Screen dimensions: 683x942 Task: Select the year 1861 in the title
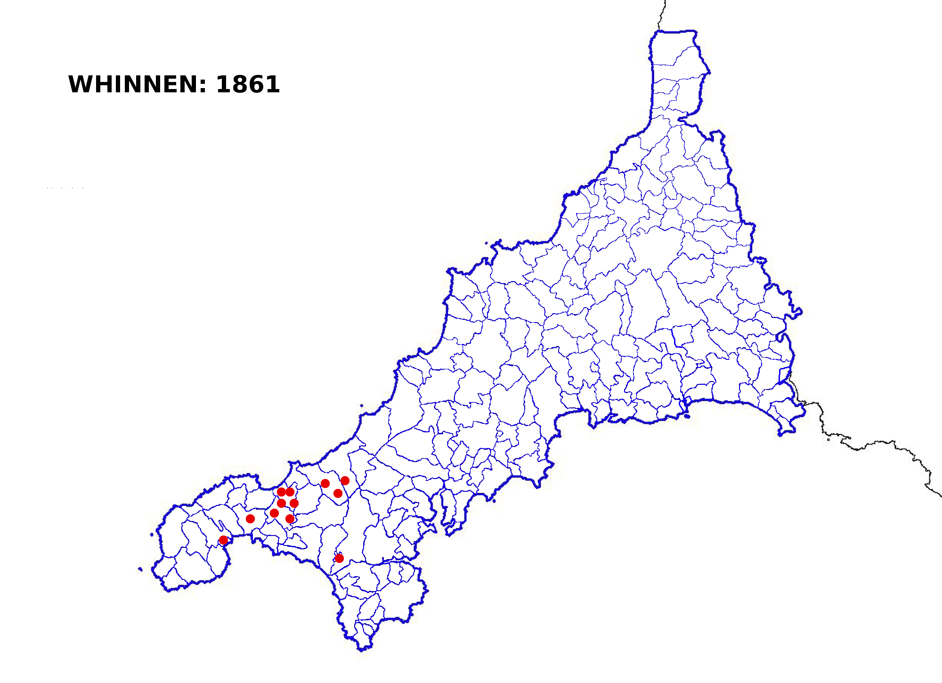tap(248, 85)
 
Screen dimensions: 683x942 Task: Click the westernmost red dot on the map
tap(224, 540)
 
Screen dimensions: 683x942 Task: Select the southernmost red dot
tap(339, 559)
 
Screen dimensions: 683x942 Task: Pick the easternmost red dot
tap(345, 481)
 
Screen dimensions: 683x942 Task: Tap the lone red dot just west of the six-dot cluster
tap(251, 519)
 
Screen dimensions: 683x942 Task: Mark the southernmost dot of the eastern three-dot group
tap(338, 494)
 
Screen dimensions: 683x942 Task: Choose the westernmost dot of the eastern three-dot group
tap(325, 484)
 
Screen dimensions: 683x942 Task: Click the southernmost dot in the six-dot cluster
tap(290, 519)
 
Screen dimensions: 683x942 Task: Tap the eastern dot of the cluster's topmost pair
tap(290, 492)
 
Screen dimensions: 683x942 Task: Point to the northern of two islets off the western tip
tap(152, 535)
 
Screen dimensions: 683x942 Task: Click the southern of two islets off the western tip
tap(140, 569)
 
